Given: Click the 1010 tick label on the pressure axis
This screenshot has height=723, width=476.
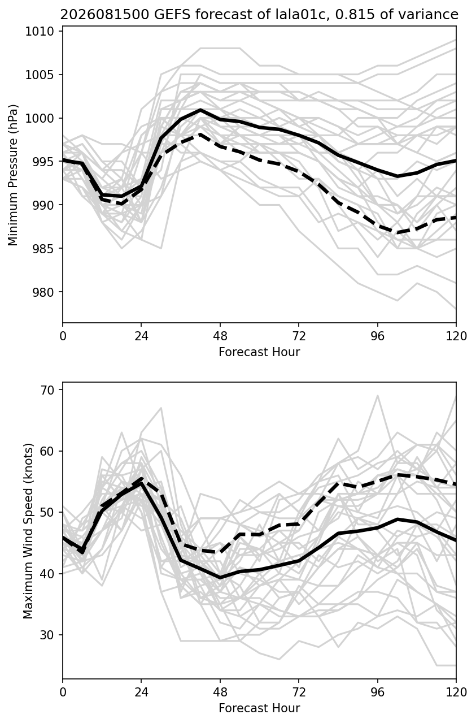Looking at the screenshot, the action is pyautogui.click(x=39, y=32).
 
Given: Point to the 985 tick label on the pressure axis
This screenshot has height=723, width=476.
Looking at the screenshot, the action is pyautogui.click(x=43, y=249).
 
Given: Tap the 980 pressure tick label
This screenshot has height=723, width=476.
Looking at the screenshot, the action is pyautogui.click(x=43, y=292).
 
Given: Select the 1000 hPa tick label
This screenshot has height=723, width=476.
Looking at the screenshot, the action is pyautogui.click(x=39, y=119).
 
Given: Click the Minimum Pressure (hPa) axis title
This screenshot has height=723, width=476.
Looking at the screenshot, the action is pyautogui.click(x=12, y=175).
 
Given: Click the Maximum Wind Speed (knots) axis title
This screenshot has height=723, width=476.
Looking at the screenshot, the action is pyautogui.click(x=28, y=531).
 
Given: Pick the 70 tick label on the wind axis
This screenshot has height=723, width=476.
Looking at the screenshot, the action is pyautogui.click(x=46, y=390).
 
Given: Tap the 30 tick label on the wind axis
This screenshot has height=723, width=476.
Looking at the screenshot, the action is pyautogui.click(x=46, y=635).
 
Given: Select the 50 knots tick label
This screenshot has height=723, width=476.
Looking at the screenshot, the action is pyautogui.click(x=46, y=512).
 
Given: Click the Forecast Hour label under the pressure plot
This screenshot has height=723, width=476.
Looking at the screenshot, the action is pyautogui.click(x=259, y=352).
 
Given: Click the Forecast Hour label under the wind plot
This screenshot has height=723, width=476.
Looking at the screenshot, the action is pyautogui.click(x=259, y=708).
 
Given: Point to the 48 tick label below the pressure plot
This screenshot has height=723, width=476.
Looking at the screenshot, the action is pyautogui.click(x=220, y=336).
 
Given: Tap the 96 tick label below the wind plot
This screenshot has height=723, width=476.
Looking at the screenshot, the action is pyautogui.click(x=378, y=692).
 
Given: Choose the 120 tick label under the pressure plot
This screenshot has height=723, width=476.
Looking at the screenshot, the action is pyautogui.click(x=456, y=336).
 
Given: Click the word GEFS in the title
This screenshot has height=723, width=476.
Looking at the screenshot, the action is pyautogui.click(x=172, y=15).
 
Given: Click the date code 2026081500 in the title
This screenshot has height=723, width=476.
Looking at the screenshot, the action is pyautogui.click(x=105, y=15).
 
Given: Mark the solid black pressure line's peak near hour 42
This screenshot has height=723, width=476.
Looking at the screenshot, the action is pyautogui.click(x=200, y=110).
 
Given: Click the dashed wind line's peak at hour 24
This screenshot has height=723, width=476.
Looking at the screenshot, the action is pyautogui.click(x=142, y=479).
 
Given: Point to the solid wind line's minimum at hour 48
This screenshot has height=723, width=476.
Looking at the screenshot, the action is pyautogui.click(x=220, y=577).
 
